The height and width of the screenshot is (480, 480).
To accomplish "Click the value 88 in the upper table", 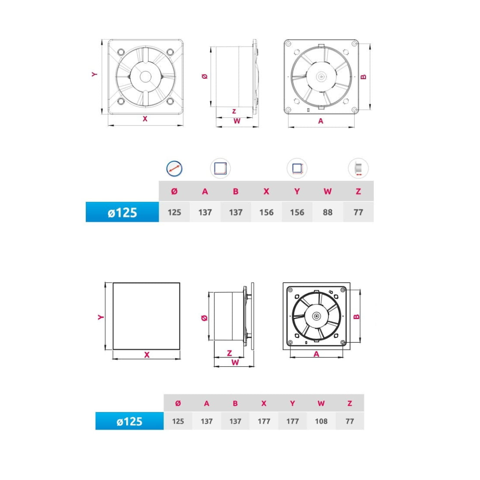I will (328, 212).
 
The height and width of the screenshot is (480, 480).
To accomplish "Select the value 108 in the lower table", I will (321, 421).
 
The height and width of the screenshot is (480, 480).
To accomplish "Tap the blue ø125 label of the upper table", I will (122, 212).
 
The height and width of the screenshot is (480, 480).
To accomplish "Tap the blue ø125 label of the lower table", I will (130, 421).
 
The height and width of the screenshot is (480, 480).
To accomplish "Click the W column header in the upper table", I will (328, 192).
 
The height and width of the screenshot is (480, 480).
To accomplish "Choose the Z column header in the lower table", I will (350, 403).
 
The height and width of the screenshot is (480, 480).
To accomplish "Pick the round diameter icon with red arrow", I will (174, 168).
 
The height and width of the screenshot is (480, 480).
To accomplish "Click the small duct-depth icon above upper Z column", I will (358, 169).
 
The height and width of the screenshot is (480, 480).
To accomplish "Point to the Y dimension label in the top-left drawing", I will (94, 75).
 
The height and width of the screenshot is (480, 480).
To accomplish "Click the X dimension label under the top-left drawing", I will (145, 119).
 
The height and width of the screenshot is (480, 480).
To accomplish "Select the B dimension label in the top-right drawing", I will (363, 76).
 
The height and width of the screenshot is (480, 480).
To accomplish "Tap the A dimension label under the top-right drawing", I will (321, 121).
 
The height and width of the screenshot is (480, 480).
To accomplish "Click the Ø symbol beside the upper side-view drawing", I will (204, 76).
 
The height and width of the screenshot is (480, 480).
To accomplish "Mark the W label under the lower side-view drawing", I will (234, 362).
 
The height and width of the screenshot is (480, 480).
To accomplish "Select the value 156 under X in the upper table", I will (266, 212).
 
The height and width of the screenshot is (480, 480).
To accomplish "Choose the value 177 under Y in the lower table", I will (292, 421).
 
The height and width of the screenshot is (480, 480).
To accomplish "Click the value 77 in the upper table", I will (358, 212).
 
